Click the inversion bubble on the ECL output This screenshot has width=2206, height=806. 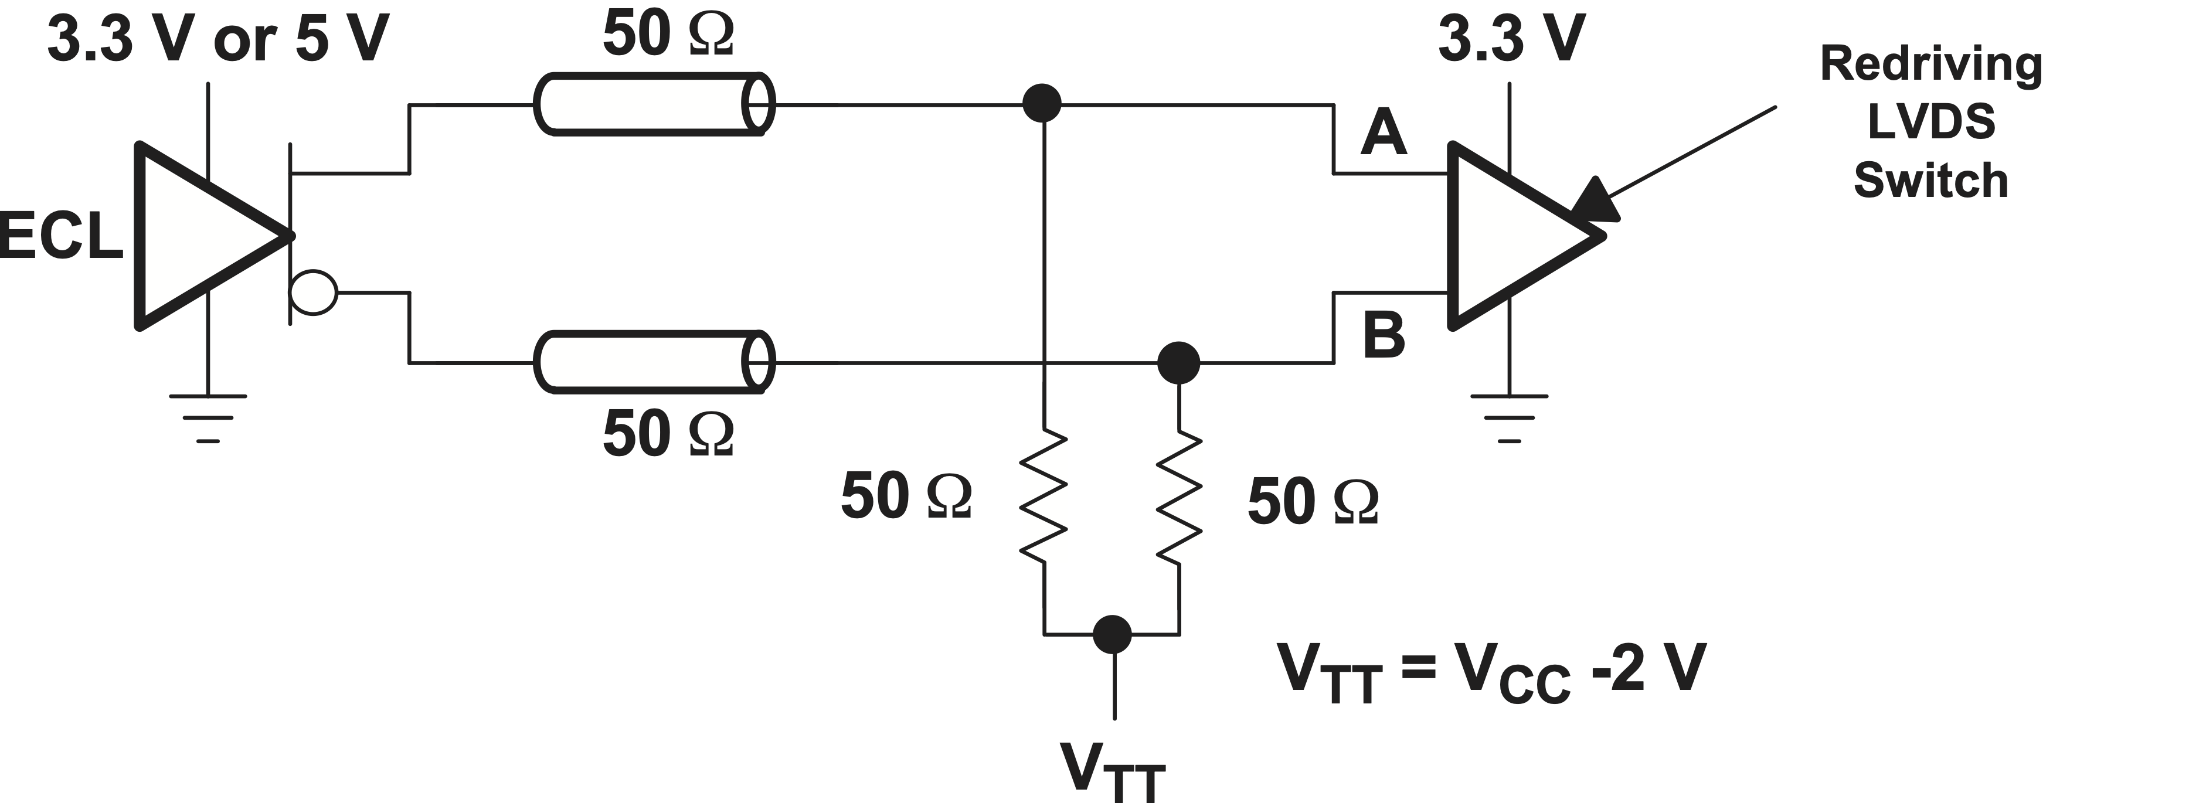click(314, 293)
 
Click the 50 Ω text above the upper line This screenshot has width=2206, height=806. click(668, 34)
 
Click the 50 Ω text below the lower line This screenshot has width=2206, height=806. click(668, 433)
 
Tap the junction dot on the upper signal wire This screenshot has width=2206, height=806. click(1042, 104)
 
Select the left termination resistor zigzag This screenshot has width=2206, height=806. click(1043, 497)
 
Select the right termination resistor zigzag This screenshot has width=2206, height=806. click(1180, 497)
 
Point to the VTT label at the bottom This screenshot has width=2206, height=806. click(1112, 770)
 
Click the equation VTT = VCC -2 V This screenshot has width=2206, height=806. click(1491, 671)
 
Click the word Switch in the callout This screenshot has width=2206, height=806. click(1930, 181)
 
